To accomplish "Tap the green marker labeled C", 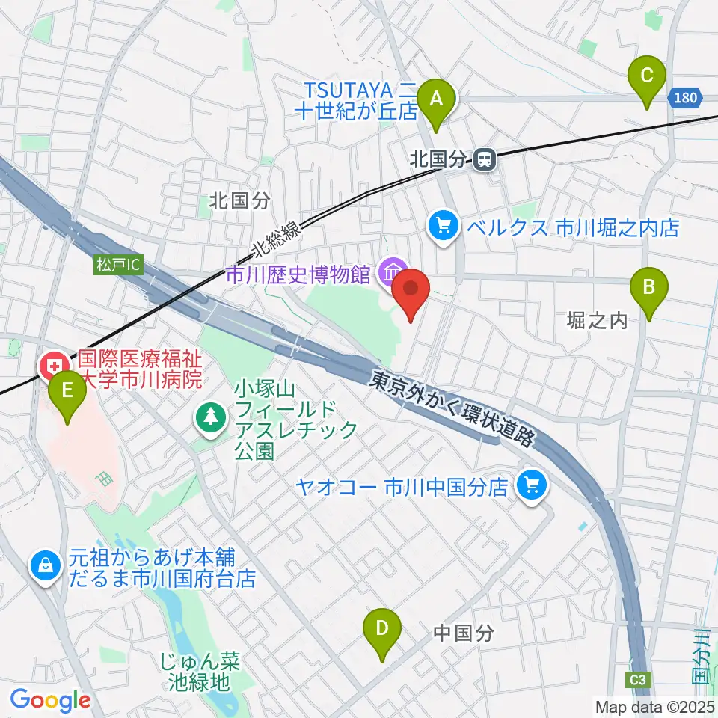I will click(648, 76).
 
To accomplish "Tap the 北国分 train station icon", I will click(485, 159).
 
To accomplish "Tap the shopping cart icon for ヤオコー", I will click(533, 486).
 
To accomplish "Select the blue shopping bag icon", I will click(46, 566).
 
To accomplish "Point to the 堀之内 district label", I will click(597, 321).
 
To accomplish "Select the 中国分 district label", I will click(464, 633).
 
